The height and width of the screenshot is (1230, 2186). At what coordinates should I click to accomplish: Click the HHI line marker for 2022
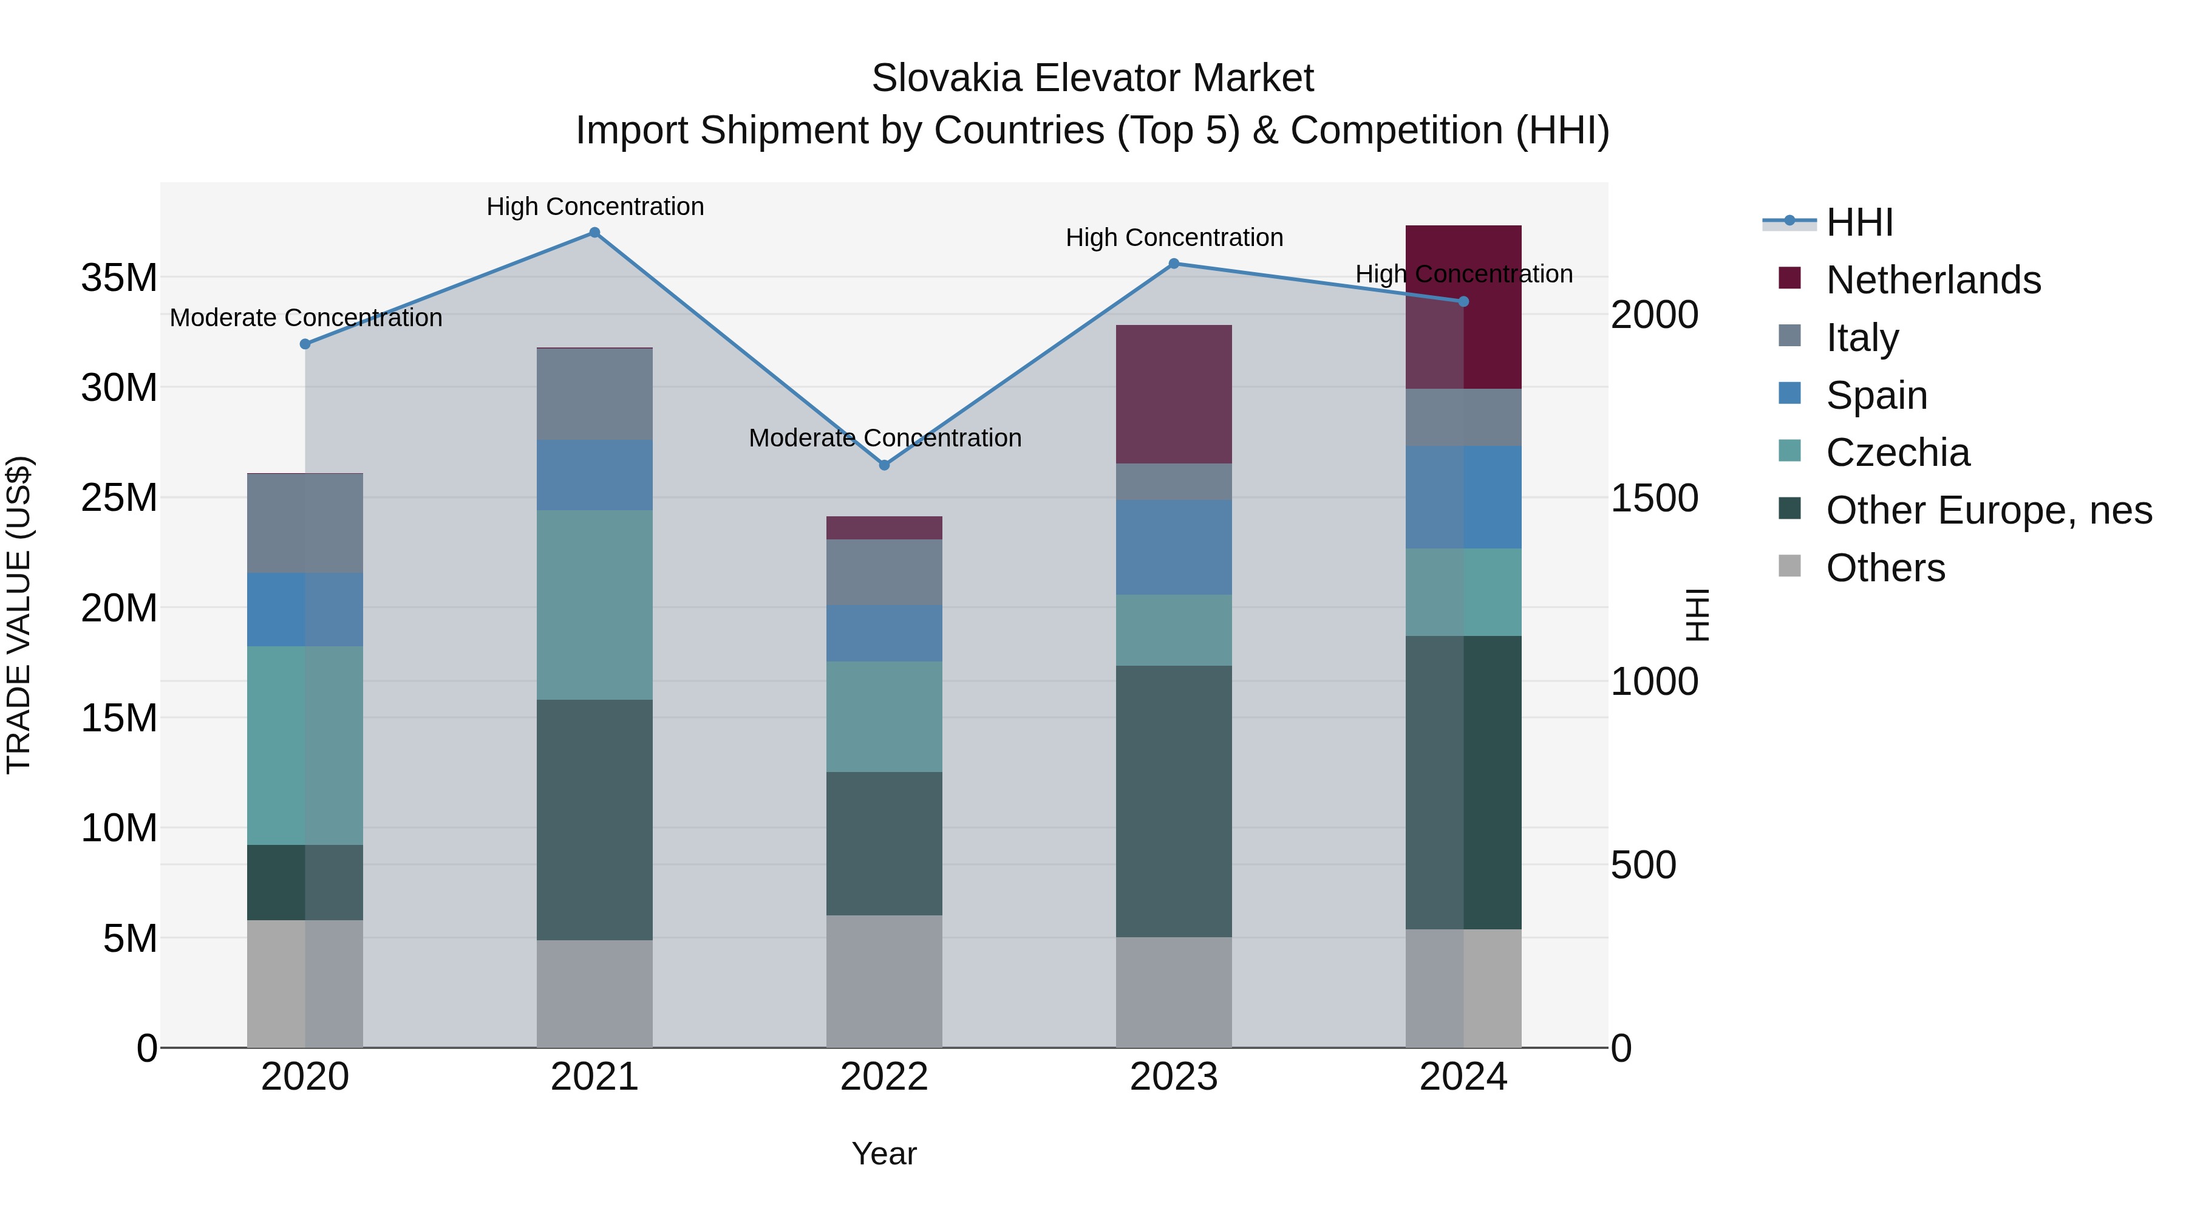coord(884,465)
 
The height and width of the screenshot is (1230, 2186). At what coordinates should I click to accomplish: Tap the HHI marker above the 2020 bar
coord(305,344)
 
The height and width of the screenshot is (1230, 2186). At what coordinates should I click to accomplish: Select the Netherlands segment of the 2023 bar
coord(1174,394)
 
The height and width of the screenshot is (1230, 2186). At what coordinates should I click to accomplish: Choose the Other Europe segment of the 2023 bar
coord(1174,801)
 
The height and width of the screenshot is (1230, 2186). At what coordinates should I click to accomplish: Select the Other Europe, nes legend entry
coord(1988,510)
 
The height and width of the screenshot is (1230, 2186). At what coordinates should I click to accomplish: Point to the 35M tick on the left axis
coord(119,278)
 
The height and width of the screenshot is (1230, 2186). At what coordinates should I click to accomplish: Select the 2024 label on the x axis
coord(1463,1077)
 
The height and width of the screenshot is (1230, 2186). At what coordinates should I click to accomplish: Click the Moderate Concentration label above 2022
coord(884,438)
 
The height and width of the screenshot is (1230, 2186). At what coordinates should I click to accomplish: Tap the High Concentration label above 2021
coord(595,207)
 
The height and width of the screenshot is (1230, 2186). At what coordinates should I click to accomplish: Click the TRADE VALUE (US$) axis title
coord(19,615)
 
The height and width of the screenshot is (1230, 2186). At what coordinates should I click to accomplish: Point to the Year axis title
coord(884,1153)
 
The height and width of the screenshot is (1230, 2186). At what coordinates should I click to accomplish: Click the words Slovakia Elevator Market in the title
coord(1092,78)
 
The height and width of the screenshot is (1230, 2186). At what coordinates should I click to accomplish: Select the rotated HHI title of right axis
coord(1697,615)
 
